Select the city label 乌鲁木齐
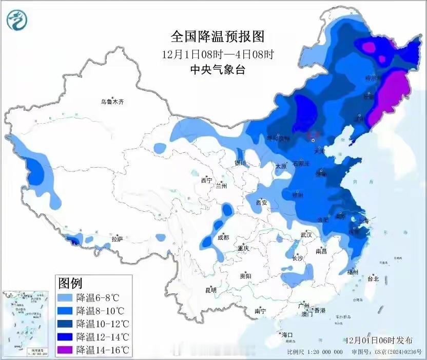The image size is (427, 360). click(112, 102)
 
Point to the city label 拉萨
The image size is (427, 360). click(118, 238)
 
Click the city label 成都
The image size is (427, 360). click(223, 237)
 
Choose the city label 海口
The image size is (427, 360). click(286, 335)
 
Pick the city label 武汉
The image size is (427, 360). click(307, 235)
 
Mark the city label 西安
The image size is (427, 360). click(262, 203)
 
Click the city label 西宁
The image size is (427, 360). click(206, 180)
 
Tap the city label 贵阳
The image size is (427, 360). click(245, 276)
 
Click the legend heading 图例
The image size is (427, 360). click(71, 282)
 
